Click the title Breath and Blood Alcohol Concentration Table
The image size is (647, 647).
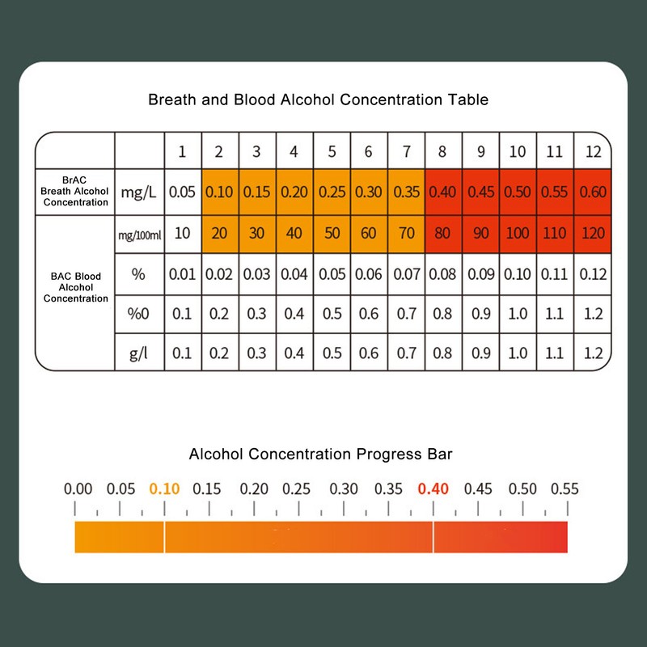318,100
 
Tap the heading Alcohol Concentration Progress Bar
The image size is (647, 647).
320,454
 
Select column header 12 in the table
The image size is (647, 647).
593,151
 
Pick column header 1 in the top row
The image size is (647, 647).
182,151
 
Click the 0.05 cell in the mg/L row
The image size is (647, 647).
182,192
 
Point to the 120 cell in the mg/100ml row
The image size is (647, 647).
593,234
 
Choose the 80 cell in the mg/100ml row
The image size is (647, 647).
443,234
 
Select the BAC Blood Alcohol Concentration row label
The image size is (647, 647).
75,287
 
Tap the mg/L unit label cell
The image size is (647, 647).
138,192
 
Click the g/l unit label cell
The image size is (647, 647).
138,353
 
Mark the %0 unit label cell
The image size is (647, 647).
138,314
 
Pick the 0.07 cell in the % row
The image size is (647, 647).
407,274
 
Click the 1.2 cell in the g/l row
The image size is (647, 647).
593,353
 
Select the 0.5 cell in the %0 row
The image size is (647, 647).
332,314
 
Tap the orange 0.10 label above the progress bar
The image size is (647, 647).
165,489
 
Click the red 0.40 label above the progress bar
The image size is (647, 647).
433,489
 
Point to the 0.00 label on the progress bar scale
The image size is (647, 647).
78,489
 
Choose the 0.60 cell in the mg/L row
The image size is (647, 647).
593,192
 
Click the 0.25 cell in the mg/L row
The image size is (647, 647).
332,192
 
